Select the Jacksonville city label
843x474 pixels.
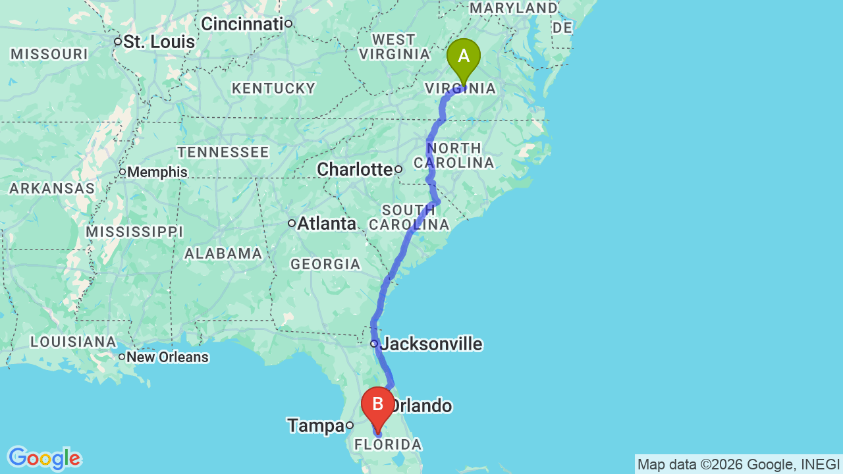[x=431, y=344]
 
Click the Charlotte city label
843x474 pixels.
[x=355, y=169]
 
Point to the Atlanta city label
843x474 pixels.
[x=327, y=223]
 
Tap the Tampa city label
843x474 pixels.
[x=315, y=425]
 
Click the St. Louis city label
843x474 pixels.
[x=159, y=42]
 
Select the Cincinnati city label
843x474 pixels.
[x=242, y=24]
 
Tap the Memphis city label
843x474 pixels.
[x=157, y=172]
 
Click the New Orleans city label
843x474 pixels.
[x=167, y=357]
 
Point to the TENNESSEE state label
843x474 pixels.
[x=223, y=153]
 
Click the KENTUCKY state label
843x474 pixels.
[x=273, y=88]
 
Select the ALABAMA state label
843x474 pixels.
[x=223, y=253]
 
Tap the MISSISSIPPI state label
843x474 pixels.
[x=134, y=232]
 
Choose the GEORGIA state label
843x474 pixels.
[x=325, y=264]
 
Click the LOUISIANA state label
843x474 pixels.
[x=73, y=342]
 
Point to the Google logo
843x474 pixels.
[x=44, y=458]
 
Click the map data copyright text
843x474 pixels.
[x=738, y=464]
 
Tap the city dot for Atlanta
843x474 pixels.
[x=292, y=223]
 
